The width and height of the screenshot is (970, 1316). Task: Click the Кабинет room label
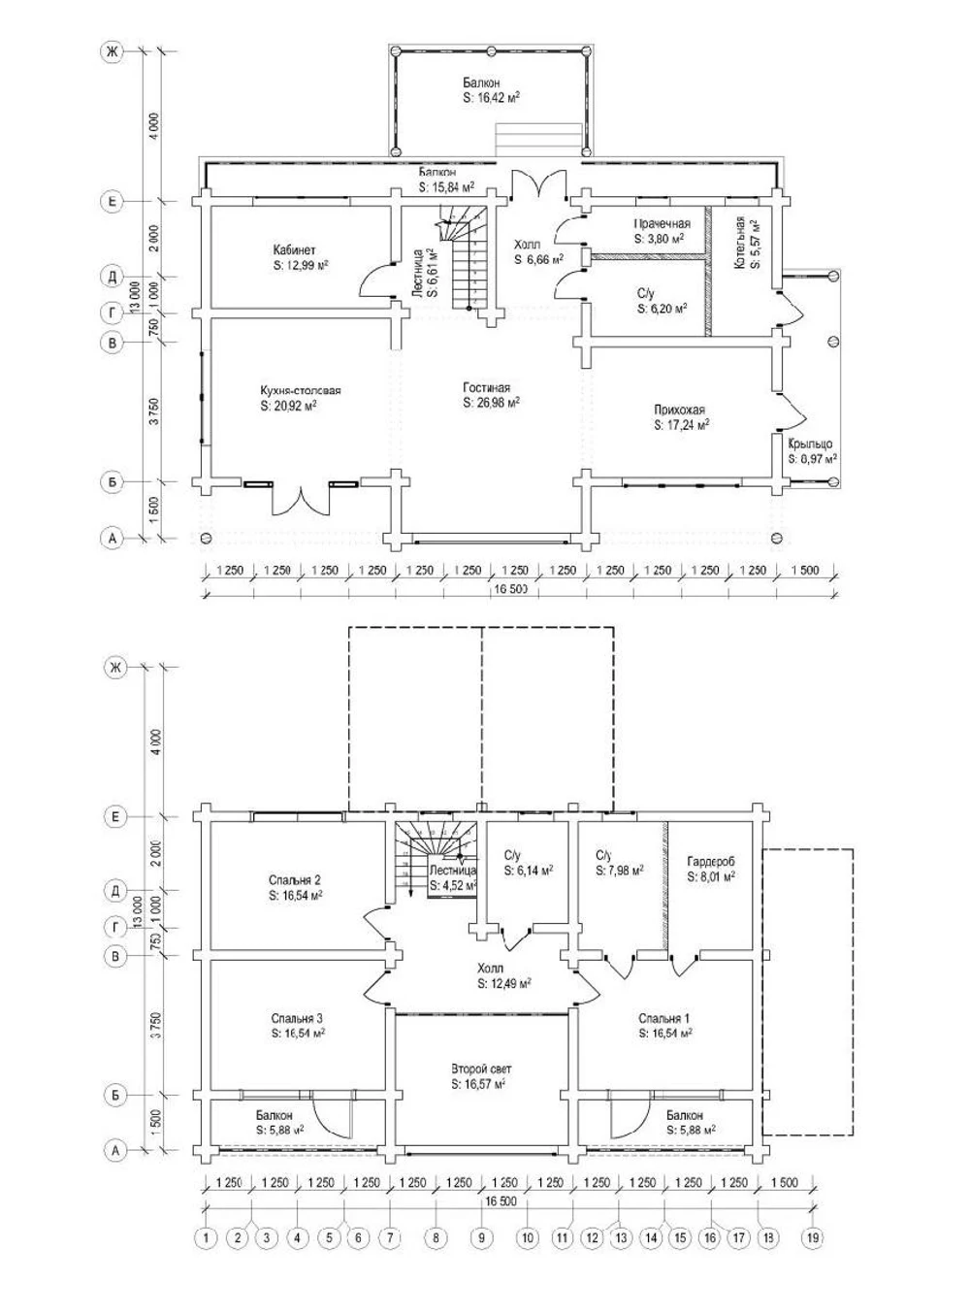tap(294, 250)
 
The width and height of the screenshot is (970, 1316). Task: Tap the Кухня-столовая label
tap(301, 391)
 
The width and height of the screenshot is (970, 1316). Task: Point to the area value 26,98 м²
tap(492, 402)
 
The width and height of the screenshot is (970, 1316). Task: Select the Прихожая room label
tap(680, 410)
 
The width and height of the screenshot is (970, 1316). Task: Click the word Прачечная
tap(663, 224)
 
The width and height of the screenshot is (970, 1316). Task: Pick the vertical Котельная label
tap(740, 242)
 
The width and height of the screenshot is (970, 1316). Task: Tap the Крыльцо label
tap(810, 444)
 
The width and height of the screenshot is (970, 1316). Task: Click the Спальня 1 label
tap(664, 1018)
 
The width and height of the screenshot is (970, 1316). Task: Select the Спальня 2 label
tap(295, 881)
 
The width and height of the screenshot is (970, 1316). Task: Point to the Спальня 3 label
tap(297, 1018)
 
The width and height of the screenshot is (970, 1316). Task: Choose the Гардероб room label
tap(710, 861)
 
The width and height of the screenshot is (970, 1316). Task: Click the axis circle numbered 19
tap(812, 1237)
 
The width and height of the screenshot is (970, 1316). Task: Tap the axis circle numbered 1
tap(206, 1237)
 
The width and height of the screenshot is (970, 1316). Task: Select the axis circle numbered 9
tap(480, 1237)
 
